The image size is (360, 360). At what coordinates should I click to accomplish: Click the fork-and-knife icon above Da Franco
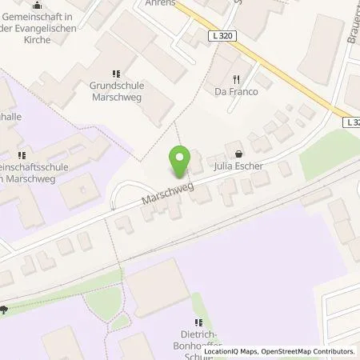click(236, 79)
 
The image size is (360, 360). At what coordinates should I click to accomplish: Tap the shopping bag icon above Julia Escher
click(238, 154)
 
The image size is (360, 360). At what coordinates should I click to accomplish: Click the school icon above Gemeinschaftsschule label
click(22, 155)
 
